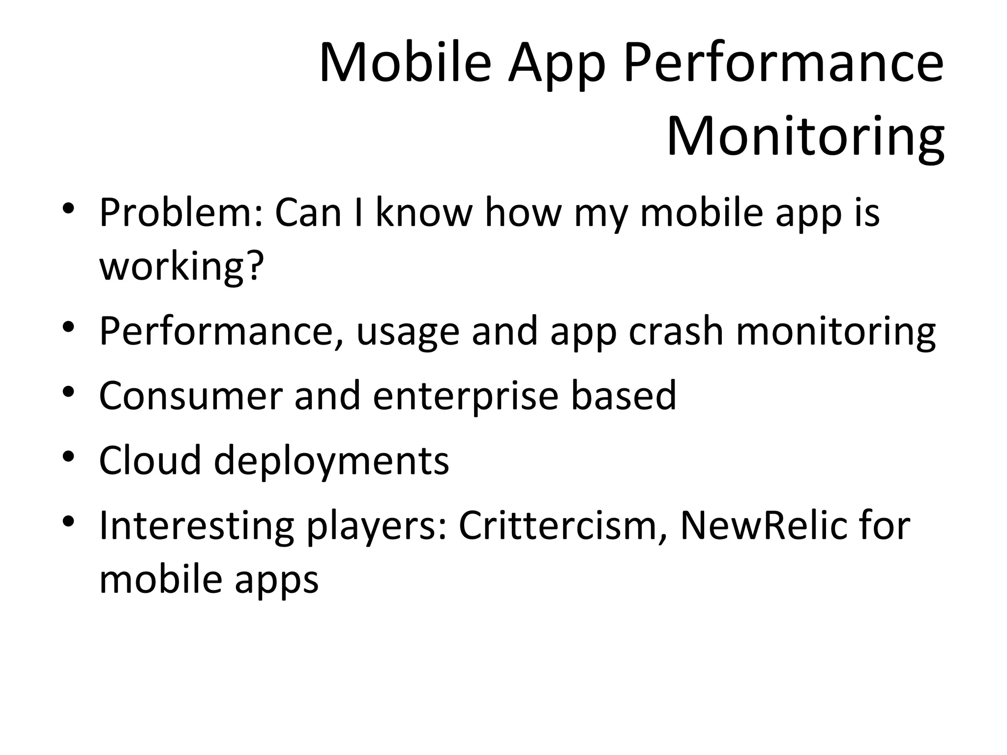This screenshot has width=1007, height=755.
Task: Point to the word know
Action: pos(423,212)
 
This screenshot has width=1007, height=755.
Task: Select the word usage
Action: pos(408,332)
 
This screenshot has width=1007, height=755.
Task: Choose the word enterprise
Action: pos(465,396)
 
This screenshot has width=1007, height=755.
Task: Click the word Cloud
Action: pos(150,460)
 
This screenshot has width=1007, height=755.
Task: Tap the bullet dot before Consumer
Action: pos(68,392)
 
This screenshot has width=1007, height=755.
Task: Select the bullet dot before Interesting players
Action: pos(68,521)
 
